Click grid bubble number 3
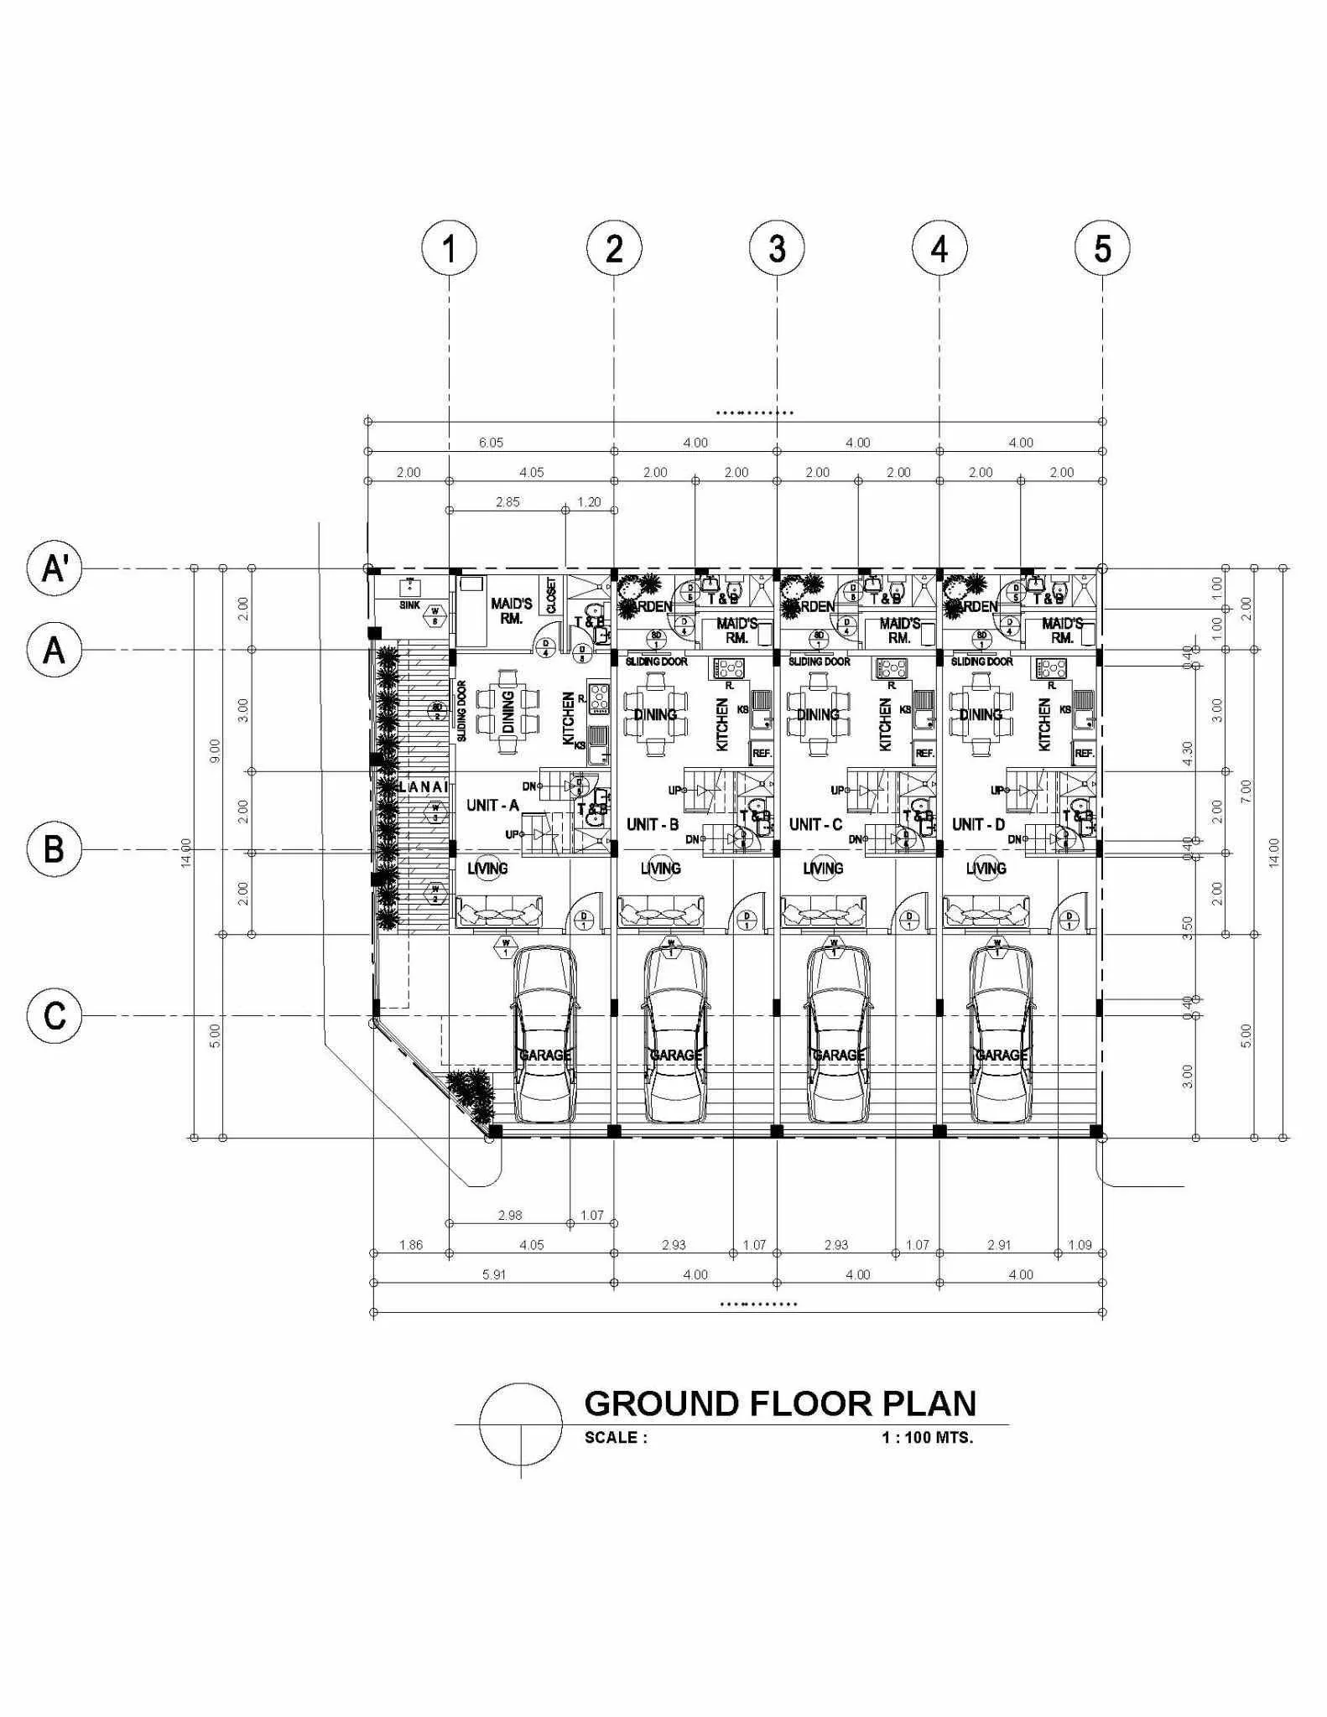click(777, 249)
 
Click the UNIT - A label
click(492, 806)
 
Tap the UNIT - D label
click(978, 825)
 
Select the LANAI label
click(424, 787)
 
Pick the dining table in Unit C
click(818, 713)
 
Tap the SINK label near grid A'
click(409, 604)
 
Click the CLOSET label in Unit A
click(551, 596)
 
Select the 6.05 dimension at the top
click(491, 443)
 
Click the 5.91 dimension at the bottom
click(494, 1274)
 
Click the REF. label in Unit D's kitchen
click(1084, 754)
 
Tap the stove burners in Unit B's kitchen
click(728, 668)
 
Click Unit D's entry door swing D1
click(1069, 914)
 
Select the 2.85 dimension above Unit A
click(507, 502)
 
